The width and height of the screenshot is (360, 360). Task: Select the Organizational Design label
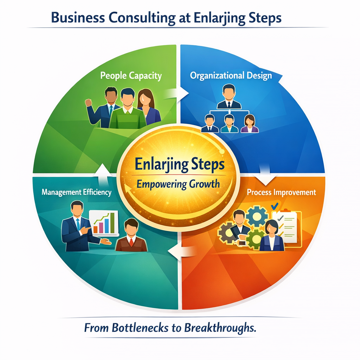(231, 76)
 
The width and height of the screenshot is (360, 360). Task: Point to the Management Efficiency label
(76, 192)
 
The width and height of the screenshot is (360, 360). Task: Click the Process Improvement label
(281, 193)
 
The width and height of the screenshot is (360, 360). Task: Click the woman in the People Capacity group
(146, 105)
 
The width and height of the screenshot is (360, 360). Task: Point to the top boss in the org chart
(229, 97)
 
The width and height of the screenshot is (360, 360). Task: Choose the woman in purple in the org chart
(250, 124)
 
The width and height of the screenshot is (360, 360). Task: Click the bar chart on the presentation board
(105, 224)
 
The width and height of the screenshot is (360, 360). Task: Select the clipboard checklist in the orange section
(285, 227)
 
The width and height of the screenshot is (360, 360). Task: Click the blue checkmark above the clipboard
(275, 206)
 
